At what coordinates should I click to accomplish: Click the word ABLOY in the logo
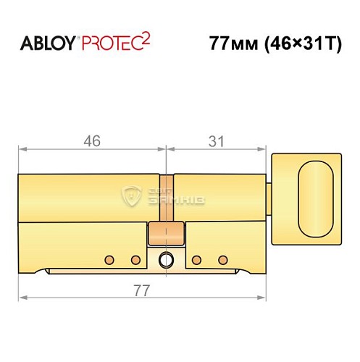[x=47, y=43]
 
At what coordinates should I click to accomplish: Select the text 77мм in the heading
[x=231, y=43]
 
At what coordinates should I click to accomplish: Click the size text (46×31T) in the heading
[x=298, y=43]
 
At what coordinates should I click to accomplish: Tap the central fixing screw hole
[x=167, y=258]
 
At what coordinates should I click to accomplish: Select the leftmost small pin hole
[x=108, y=258]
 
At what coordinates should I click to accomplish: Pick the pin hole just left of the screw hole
[x=133, y=258]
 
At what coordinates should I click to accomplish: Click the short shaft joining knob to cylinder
[x=269, y=197]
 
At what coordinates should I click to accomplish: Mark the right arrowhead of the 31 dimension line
[x=263, y=149]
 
